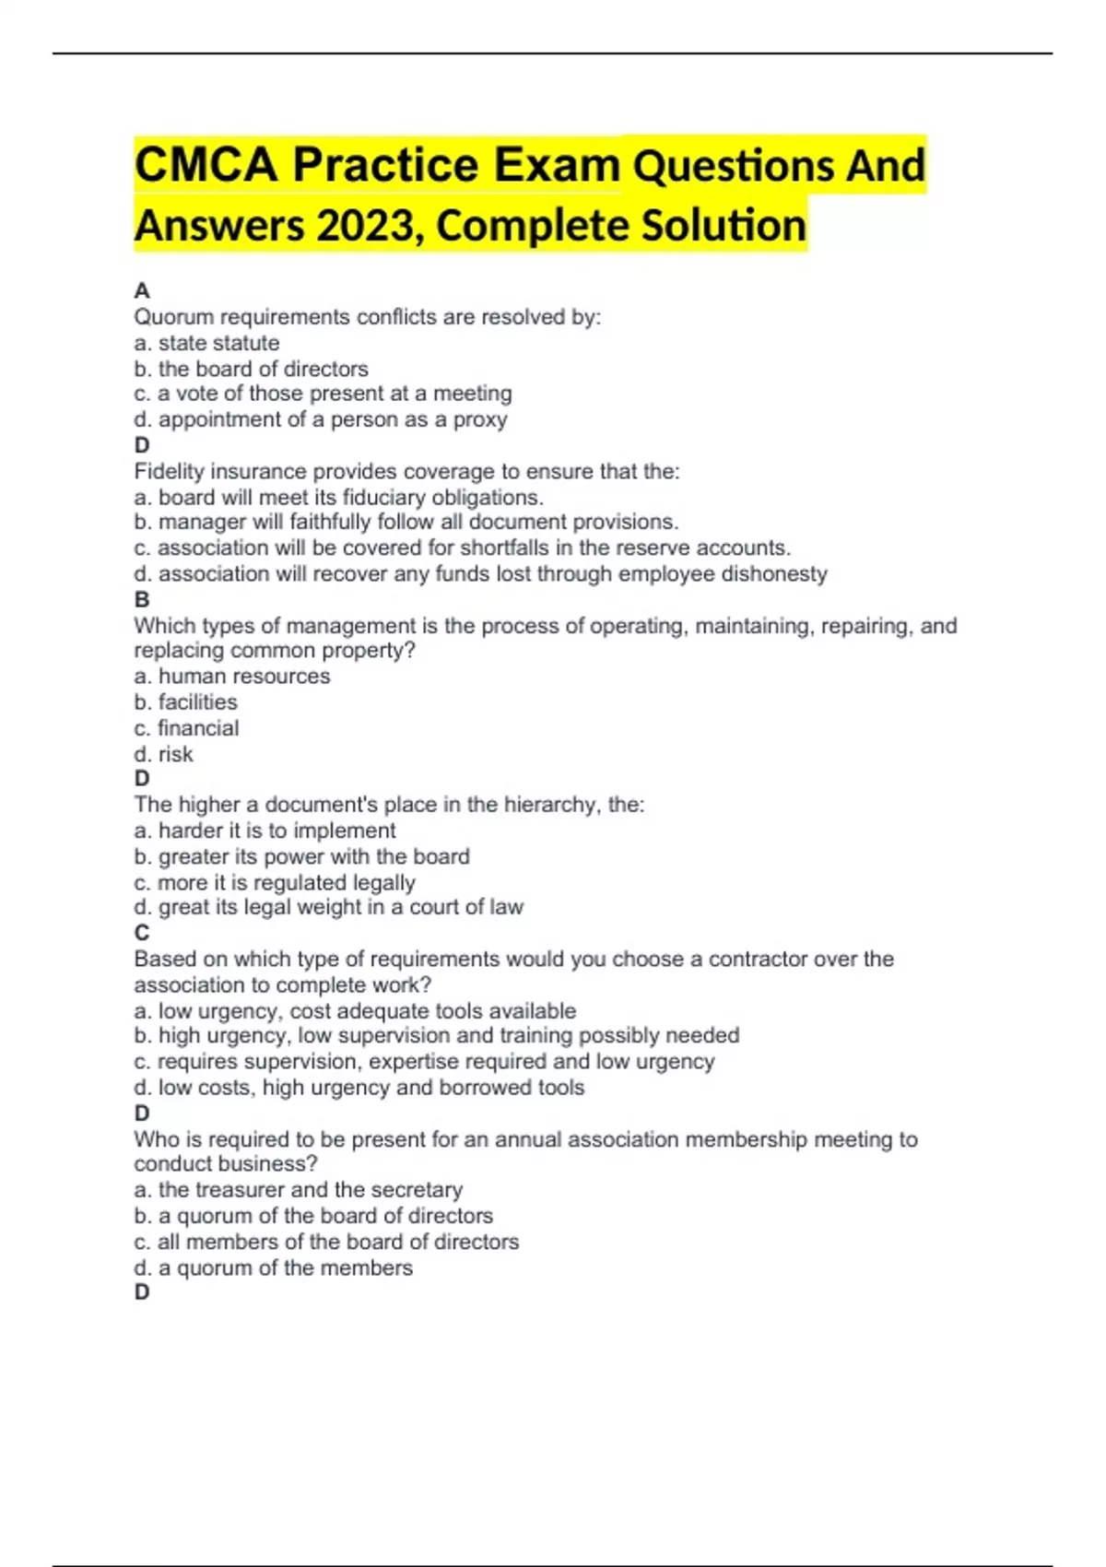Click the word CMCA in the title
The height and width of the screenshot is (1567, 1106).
tap(206, 166)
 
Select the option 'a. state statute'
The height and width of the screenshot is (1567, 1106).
tap(206, 343)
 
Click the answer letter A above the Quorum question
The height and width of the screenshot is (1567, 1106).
tap(141, 291)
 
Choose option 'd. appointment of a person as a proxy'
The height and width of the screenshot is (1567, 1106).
tap(320, 420)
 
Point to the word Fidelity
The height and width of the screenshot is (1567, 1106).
tap(169, 471)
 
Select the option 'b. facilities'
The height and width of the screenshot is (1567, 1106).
tap(185, 702)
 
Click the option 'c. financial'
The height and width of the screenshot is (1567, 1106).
tap(186, 728)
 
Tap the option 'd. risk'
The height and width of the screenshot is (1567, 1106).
tap(163, 754)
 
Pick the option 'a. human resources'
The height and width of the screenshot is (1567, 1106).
tap(231, 677)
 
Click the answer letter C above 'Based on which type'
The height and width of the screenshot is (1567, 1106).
tap(141, 933)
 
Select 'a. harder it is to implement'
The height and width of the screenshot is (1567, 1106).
tap(265, 831)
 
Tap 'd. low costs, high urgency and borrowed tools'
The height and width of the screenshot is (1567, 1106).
tap(359, 1088)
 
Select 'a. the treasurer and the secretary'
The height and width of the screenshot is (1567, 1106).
tap(298, 1190)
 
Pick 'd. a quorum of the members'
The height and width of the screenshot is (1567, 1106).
tap(273, 1268)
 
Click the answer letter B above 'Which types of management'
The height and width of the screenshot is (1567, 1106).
tap(141, 599)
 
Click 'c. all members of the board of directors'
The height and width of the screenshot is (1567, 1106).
tap(326, 1242)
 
